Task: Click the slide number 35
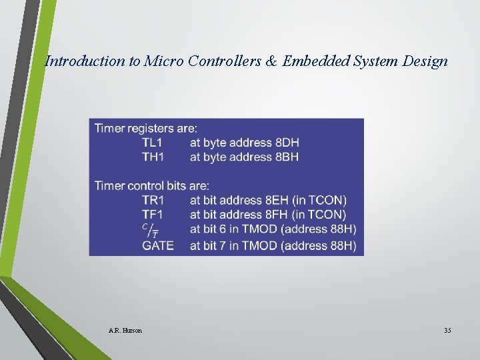coord(447,331)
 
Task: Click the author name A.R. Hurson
coord(125,331)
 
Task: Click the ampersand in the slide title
coord(271,61)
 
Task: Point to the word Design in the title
coord(425,61)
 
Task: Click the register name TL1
coord(153,143)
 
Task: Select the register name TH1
coord(153,157)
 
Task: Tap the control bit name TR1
coord(153,200)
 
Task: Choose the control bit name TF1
coord(153,215)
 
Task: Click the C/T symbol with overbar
coord(150,231)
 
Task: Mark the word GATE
coord(158,245)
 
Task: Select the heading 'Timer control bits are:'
coord(151,185)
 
